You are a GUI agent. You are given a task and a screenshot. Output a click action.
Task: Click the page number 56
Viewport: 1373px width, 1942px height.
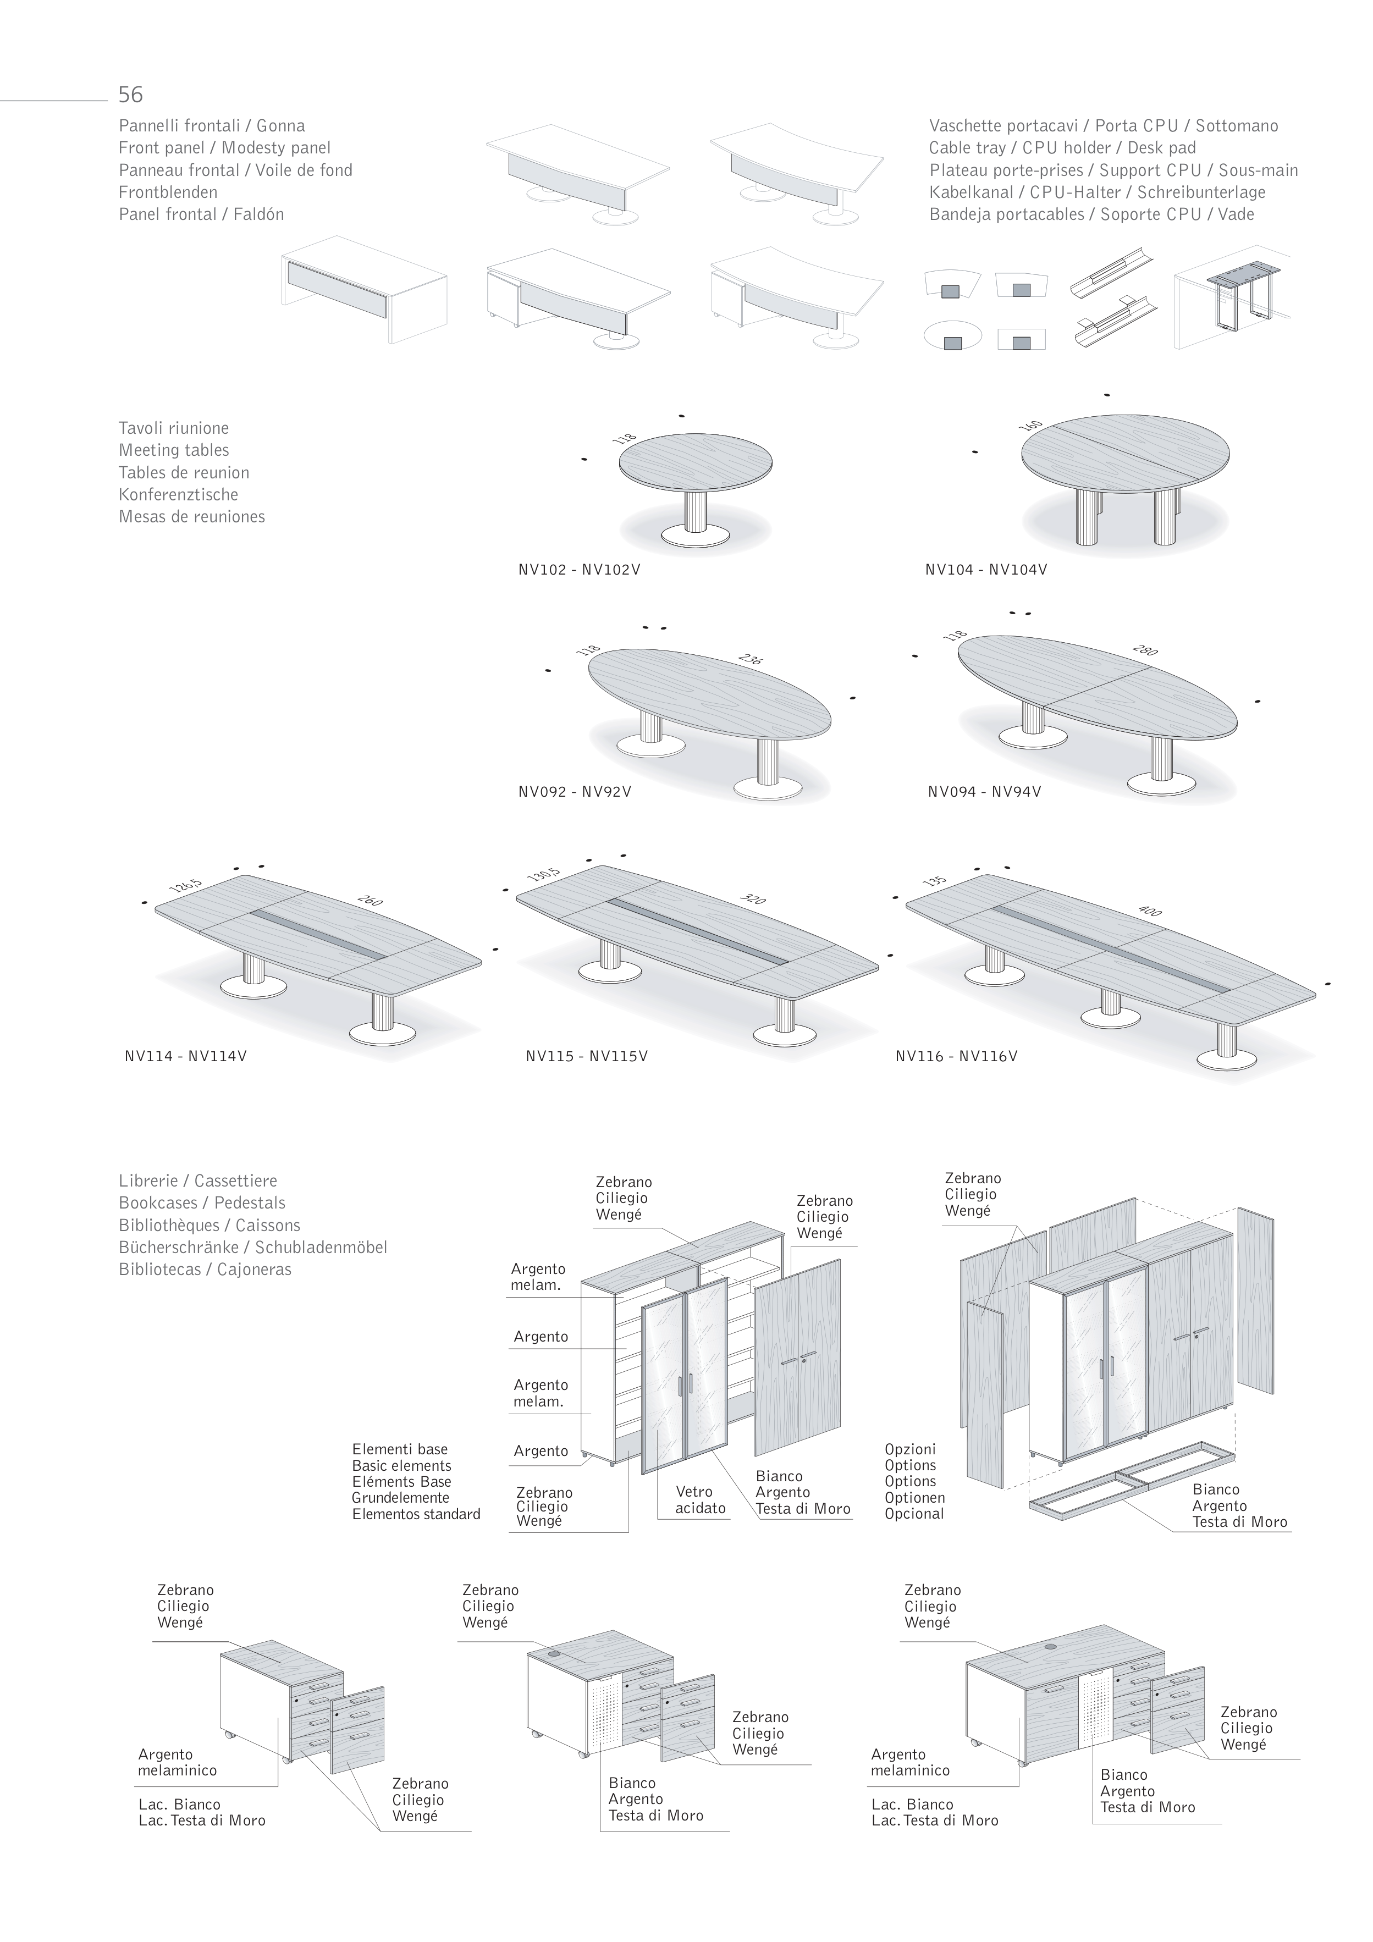130,94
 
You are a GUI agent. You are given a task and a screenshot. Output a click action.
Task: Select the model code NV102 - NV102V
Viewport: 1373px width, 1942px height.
578,570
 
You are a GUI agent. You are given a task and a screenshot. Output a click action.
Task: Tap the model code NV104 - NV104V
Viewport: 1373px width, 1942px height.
985,570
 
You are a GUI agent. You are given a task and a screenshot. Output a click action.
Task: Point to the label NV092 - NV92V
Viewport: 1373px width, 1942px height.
575,792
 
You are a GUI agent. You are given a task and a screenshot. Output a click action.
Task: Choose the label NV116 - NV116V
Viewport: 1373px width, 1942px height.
956,1056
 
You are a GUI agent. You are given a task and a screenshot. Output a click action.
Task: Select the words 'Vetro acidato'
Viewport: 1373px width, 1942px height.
699,1500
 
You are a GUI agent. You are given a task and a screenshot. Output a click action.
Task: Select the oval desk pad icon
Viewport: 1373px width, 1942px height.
952,336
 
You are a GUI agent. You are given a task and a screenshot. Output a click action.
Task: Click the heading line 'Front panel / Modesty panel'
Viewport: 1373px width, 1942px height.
224,148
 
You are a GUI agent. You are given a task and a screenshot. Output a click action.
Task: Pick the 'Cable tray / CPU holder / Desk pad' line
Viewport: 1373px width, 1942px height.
1062,148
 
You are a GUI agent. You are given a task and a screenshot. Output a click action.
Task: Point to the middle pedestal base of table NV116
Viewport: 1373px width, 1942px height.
1110,1016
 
